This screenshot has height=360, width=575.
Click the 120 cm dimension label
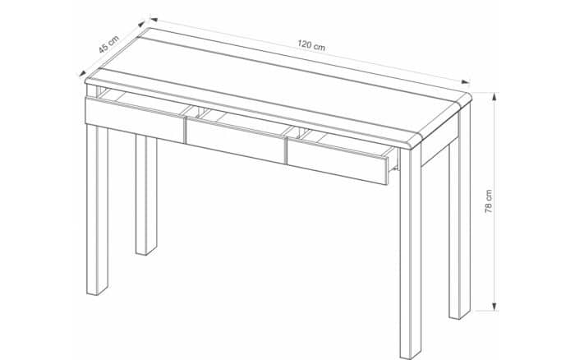click(311, 45)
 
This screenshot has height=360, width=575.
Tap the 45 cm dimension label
click(109, 44)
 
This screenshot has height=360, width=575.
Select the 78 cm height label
click(489, 201)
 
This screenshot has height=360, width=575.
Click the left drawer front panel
click(135, 120)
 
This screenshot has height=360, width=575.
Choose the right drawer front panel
click(338, 162)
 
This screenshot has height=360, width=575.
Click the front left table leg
click(97, 210)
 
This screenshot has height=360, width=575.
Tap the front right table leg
click(411, 253)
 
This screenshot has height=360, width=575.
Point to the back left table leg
click(146, 195)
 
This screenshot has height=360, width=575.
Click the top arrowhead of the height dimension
click(494, 96)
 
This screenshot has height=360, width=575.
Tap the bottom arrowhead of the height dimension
click(494, 307)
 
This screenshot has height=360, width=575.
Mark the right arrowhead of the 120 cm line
click(466, 82)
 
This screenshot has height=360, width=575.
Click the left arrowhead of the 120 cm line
click(154, 20)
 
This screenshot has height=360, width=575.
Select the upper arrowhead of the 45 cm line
click(141, 24)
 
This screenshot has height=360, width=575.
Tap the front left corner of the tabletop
click(87, 80)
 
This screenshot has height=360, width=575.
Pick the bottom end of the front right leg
click(411, 357)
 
